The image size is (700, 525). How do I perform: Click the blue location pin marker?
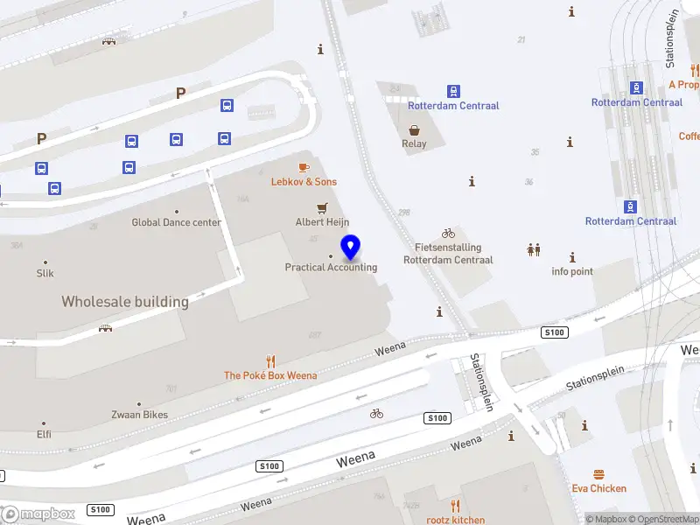(x=350, y=248)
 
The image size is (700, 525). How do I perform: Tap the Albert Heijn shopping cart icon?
(x=322, y=208)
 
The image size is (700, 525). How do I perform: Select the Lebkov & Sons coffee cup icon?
(x=304, y=167)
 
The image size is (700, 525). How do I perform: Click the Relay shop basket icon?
(x=414, y=129)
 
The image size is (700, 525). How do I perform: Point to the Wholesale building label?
(x=125, y=302)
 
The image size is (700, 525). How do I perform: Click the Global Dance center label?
(x=176, y=222)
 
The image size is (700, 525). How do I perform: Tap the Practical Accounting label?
(x=331, y=267)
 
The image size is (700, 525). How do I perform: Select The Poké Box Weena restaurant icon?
(x=270, y=360)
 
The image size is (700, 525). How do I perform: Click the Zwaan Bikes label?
(x=139, y=415)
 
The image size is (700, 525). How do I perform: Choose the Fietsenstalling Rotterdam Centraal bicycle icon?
(x=448, y=234)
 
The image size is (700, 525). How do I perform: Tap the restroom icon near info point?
(x=534, y=250)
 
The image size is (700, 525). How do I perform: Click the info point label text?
(x=572, y=271)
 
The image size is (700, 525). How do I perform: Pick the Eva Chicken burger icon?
(x=599, y=474)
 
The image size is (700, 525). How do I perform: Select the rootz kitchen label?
(x=455, y=520)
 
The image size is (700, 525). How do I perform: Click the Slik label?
(x=45, y=273)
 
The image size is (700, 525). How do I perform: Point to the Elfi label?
(x=44, y=434)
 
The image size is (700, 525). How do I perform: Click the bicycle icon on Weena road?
(x=376, y=413)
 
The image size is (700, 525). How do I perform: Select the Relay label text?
(x=414, y=144)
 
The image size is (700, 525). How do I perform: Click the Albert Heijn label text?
(x=322, y=222)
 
